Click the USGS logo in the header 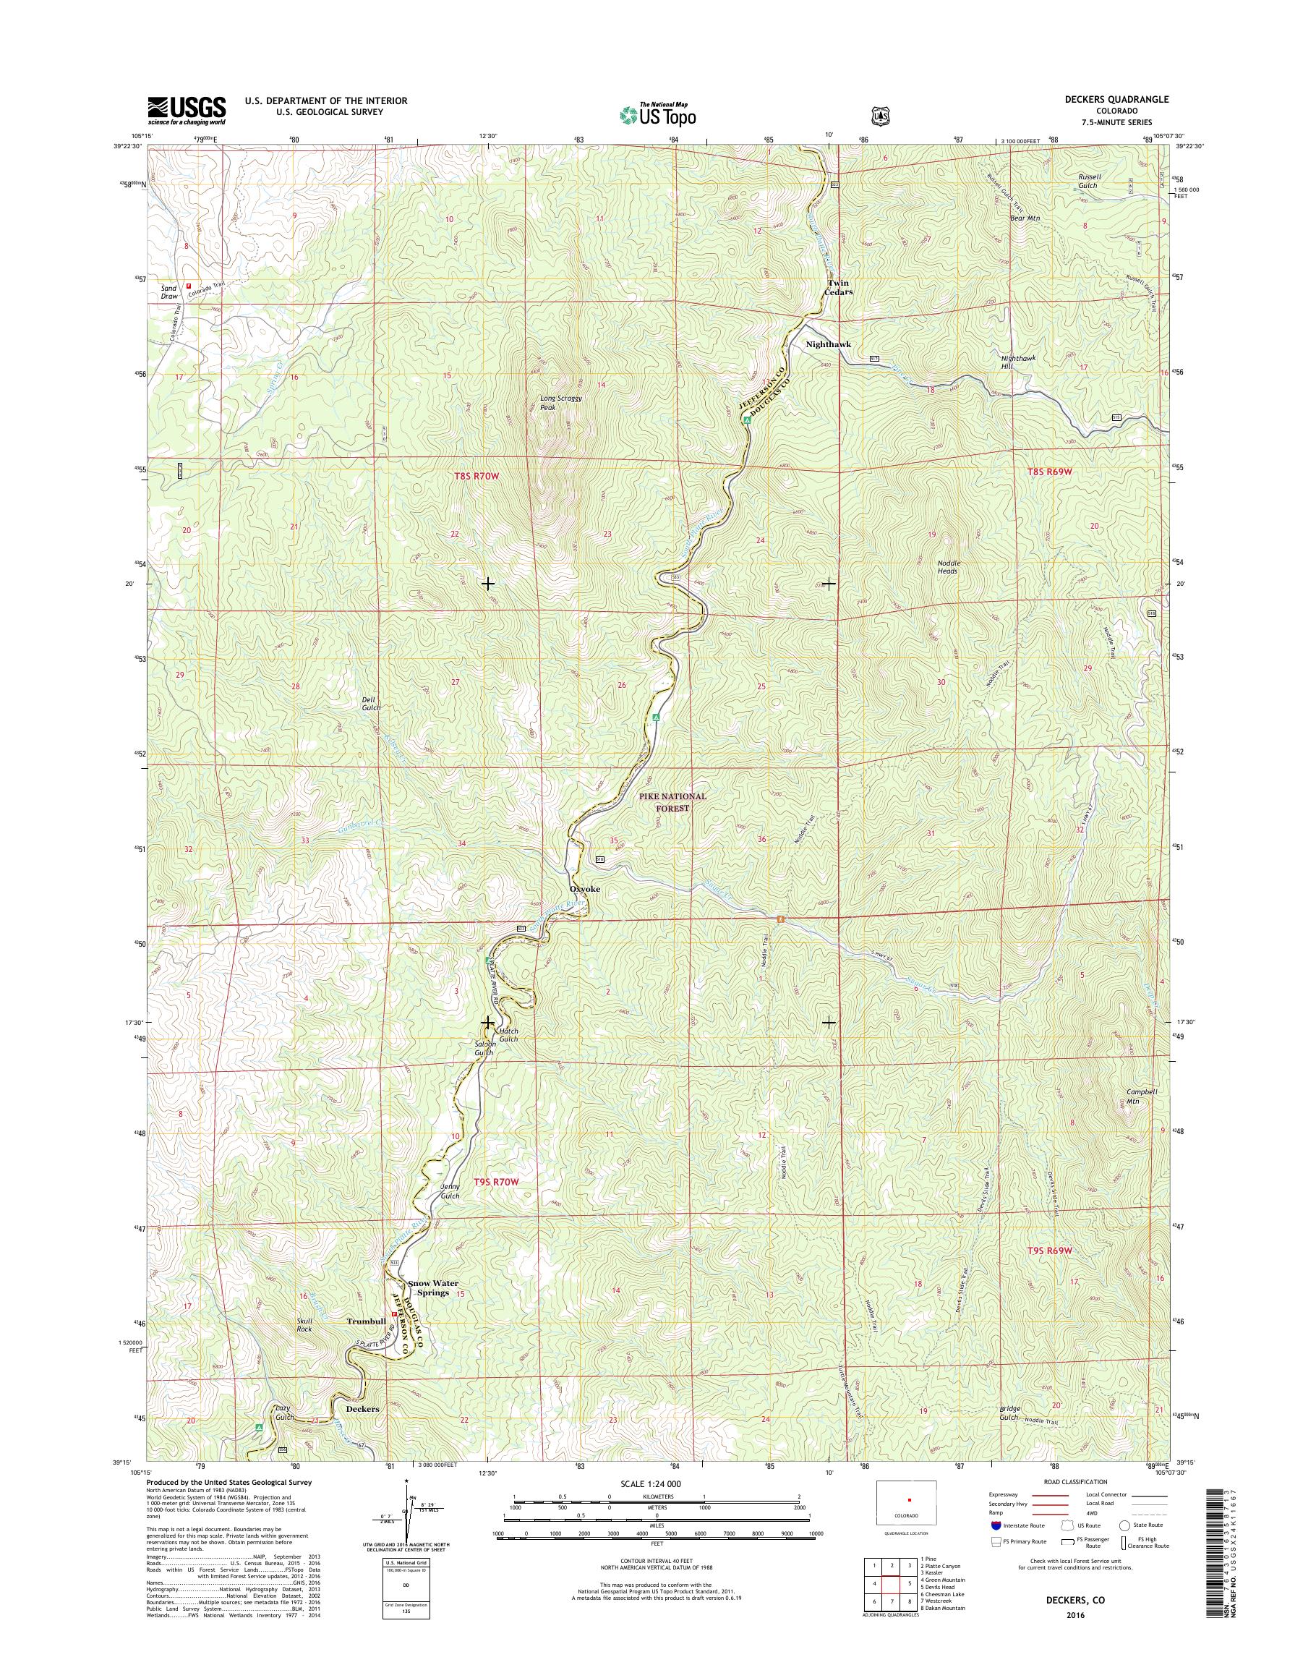click(x=187, y=110)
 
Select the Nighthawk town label click(x=828, y=344)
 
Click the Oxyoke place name click(x=584, y=889)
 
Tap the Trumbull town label click(x=366, y=1321)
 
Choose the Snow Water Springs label click(x=433, y=1288)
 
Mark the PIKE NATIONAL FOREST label click(x=672, y=801)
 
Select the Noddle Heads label click(x=949, y=566)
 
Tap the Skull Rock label click(x=304, y=1324)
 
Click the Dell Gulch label click(x=372, y=703)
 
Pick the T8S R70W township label click(x=477, y=477)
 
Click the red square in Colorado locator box click(x=909, y=1522)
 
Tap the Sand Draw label click(x=168, y=291)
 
